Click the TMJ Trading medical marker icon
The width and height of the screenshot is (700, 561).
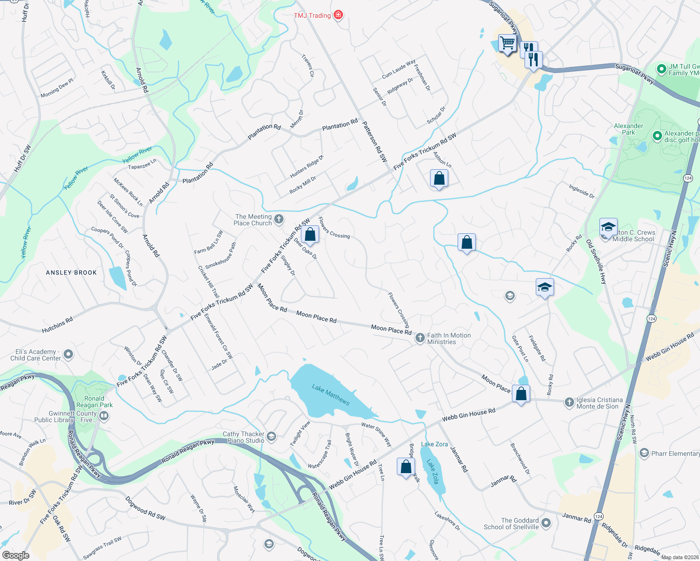click(x=338, y=15)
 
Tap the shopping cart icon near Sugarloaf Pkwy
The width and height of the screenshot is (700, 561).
click(x=507, y=43)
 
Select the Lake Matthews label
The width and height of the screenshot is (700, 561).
click(x=331, y=395)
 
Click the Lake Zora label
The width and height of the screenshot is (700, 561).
click(x=434, y=444)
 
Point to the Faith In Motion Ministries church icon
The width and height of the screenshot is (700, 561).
click(x=420, y=338)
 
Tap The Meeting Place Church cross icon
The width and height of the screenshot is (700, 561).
click(x=278, y=219)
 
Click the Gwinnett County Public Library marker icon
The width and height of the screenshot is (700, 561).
click(x=104, y=416)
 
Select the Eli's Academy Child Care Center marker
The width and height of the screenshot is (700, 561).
click(x=68, y=354)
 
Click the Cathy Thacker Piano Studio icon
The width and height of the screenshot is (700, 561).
click(x=271, y=437)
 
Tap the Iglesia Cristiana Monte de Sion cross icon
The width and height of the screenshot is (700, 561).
click(x=569, y=403)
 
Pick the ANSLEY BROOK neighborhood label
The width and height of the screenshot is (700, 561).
click(x=71, y=273)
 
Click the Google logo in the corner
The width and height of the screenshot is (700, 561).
click(x=15, y=555)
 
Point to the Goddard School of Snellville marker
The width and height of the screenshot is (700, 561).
click(x=546, y=523)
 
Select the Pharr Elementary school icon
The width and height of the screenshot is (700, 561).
click(x=644, y=453)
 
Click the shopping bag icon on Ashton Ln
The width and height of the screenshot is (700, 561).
click(x=439, y=178)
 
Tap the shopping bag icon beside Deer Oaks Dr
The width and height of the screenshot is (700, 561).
click(x=310, y=234)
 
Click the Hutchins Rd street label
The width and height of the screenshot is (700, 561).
click(x=57, y=325)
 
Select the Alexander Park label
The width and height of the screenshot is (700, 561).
click(x=628, y=129)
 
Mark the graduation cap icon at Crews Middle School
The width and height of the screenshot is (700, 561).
click(x=608, y=227)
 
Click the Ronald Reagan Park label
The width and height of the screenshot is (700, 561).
click(x=95, y=402)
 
